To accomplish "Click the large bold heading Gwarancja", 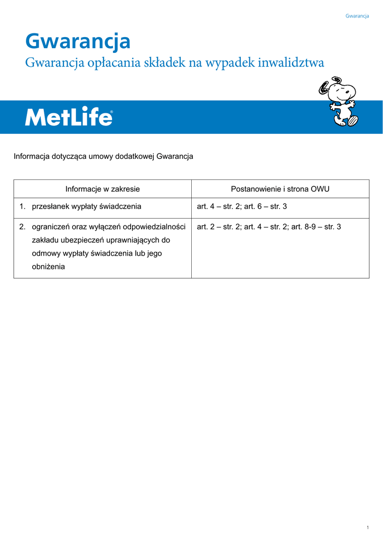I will tap(78, 41).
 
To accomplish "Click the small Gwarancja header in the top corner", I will tap(357, 16).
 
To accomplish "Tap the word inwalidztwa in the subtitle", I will tap(291, 63).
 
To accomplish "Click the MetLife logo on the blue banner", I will tap(69, 117).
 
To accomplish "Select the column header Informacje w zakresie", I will tap(102, 189).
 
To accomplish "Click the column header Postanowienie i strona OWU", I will tap(280, 189).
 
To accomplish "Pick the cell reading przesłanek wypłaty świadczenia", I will tap(87, 206).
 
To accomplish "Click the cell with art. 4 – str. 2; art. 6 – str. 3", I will tap(241, 206).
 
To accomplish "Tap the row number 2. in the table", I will tap(22, 227).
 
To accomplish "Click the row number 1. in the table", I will tap(22, 206).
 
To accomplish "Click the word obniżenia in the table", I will tap(48, 267).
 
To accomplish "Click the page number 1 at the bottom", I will tap(367, 528).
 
